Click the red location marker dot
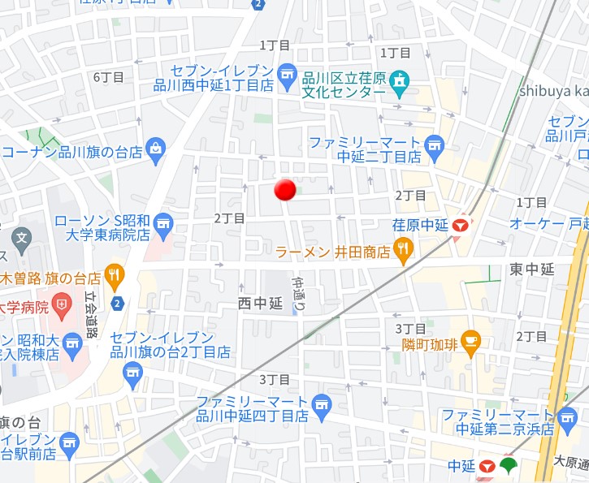(284, 189)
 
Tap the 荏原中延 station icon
(461, 225)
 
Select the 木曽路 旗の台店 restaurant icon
(114, 277)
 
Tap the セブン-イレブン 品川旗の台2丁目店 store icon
(132, 373)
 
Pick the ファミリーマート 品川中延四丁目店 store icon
(322, 403)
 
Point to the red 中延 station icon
(487, 466)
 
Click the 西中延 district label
(259, 304)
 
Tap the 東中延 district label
(532, 270)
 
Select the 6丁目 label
(108, 77)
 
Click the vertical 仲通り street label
(297, 295)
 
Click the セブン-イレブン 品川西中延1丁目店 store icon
(287, 75)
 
